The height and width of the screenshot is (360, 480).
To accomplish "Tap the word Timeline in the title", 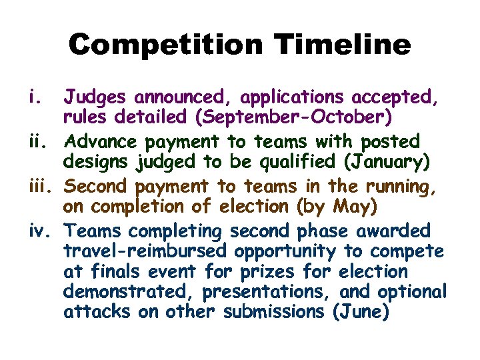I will pyautogui.click(x=345, y=45).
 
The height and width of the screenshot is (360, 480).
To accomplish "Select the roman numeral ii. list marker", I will pyautogui.click(x=39, y=141).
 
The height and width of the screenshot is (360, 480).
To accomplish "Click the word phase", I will pyautogui.click(x=324, y=231).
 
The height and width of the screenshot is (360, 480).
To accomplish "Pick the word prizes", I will pyautogui.click(x=268, y=271).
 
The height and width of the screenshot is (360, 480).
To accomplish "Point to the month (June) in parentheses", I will pyautogui.click(x=360, y=312).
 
